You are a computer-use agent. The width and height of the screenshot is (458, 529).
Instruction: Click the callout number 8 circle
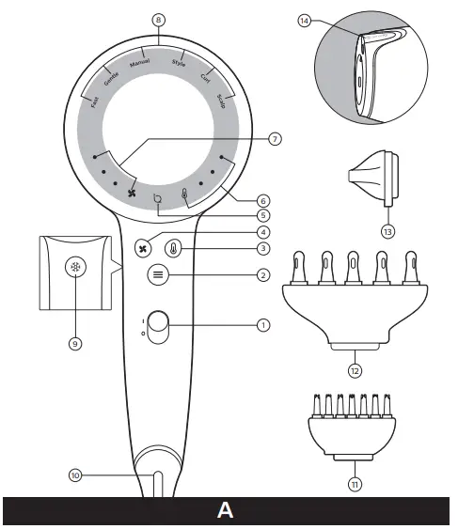coord(158,19)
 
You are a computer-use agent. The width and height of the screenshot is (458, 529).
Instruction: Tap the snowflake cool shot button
coord(73,268)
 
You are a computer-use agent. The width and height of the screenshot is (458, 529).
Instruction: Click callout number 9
coord(73,343)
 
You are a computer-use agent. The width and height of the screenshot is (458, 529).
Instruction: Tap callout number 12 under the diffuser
coord(355,370)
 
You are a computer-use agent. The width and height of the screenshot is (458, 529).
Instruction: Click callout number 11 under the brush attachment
coord(355,486)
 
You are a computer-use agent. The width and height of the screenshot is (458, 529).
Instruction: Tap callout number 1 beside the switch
coord(264,326)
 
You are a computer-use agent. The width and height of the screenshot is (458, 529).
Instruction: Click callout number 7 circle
coord(275,138)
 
